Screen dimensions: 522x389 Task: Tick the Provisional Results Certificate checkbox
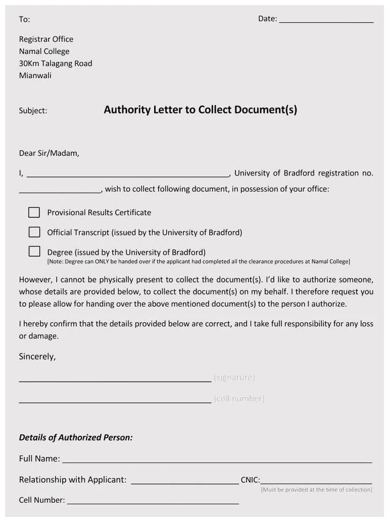[34, 212]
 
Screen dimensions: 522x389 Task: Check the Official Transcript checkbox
[34, 232]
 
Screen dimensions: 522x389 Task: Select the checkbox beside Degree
[34, 251]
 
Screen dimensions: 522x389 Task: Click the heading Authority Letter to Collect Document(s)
[200, 110]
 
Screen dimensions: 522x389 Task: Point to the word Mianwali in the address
[35, 76]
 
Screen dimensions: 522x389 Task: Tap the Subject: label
[33, 111]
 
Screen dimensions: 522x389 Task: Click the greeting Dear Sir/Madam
[49, 153]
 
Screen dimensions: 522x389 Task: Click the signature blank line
[115, 379]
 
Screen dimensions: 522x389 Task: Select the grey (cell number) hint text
[239, 399]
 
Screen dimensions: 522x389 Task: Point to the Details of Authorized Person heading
[76, 438]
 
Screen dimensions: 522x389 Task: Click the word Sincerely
[37, 357]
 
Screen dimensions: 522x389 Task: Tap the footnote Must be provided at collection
[316, 490]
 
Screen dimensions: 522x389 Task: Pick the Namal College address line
[44, 51]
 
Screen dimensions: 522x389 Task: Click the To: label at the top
[24, 20]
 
